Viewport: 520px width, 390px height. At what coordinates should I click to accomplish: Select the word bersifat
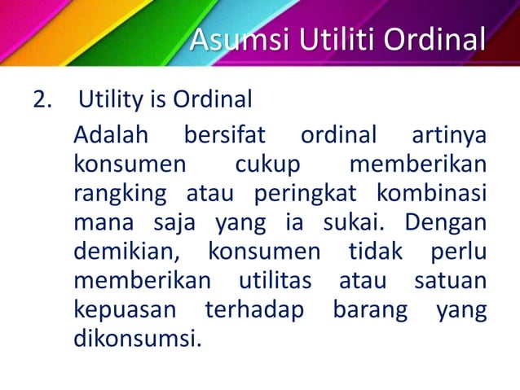[x=221, y=134]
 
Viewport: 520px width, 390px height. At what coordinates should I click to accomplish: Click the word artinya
[x=449, y=134]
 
